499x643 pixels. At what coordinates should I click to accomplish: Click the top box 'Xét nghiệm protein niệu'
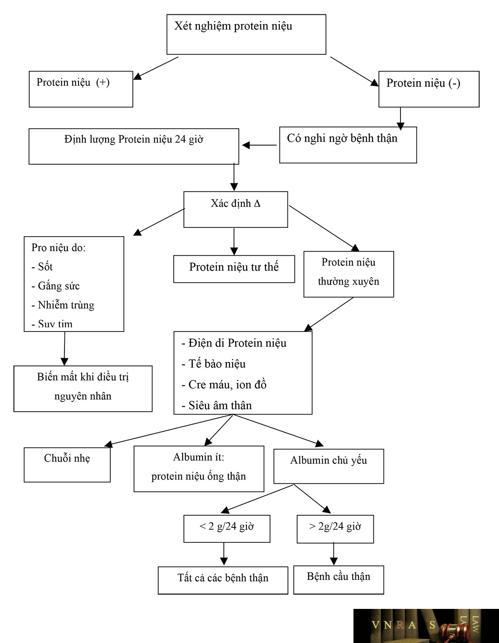pos(246,35)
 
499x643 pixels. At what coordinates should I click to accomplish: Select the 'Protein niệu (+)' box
pos(81,89)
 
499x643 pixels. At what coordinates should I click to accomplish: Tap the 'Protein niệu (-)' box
pos(429,89)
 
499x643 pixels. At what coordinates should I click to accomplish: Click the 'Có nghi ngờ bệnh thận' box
pos(348,145)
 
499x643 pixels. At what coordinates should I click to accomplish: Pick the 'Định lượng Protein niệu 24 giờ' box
pos(134,146)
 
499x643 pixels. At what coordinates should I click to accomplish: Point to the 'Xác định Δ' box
pos(235,210)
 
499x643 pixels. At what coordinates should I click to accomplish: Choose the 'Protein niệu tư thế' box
pos(234,269)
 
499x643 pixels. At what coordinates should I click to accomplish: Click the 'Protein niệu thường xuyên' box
pos(348,275)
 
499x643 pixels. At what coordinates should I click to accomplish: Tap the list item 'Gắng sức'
pos(56,286)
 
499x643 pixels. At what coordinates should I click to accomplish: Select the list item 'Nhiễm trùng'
pos(63,305)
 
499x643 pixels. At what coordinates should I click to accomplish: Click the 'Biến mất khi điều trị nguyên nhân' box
pos(83,389)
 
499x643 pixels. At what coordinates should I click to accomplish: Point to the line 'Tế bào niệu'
pos(214,364)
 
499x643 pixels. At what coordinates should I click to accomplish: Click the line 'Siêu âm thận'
pos(217,406)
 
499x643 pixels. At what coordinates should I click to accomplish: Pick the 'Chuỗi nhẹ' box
pos(67,465)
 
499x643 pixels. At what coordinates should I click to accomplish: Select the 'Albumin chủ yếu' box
pos(329,466)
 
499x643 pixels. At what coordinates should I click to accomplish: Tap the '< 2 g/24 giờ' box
pos(227,529)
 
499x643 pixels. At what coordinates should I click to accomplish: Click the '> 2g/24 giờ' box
pos(335,529)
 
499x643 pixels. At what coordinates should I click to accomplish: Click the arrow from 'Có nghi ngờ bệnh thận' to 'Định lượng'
pos(259,145)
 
